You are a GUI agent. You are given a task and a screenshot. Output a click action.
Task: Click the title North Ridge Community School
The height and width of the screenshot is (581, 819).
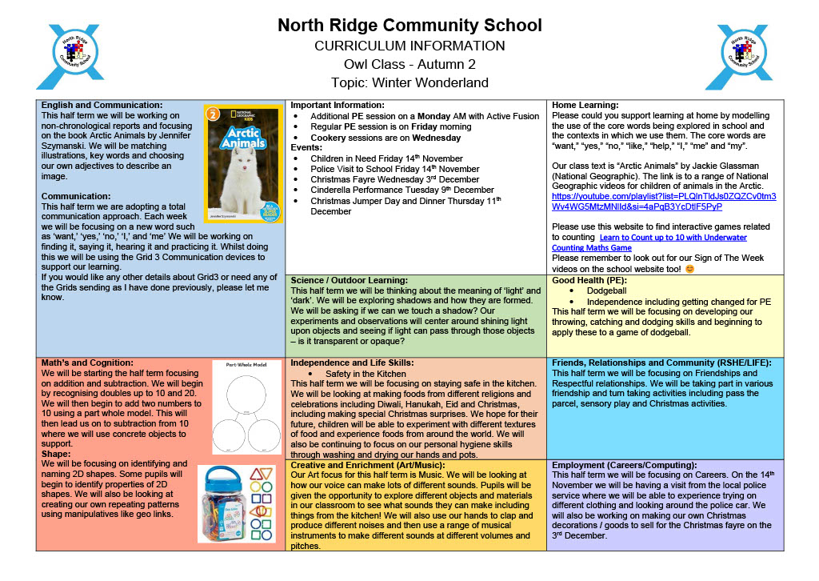(409, 26)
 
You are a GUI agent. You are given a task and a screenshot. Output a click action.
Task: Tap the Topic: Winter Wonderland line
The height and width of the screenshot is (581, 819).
(409, 82)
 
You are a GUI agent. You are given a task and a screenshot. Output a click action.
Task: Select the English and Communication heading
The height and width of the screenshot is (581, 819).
(102, 105)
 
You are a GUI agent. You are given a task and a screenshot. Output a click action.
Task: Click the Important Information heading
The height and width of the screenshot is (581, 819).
(337, 105)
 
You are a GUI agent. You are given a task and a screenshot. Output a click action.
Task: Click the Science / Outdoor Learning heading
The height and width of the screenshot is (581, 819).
(350, 280)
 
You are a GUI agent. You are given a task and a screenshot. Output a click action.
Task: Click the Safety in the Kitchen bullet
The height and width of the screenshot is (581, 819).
(366, 373)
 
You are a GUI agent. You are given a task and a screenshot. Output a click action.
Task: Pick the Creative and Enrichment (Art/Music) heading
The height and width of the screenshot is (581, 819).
(376, 464)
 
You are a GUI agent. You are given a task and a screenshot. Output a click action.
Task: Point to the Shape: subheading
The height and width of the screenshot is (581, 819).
(57, 454)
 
